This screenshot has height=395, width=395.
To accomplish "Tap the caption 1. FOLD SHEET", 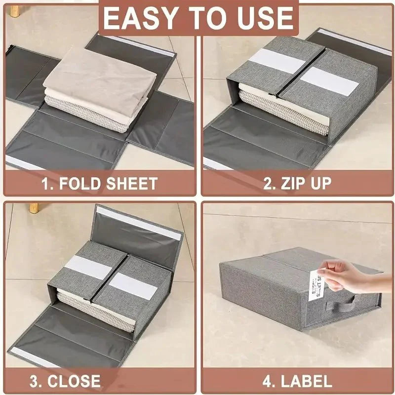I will (x=99, y=184).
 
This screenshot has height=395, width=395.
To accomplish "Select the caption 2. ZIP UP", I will (x=297, y=184).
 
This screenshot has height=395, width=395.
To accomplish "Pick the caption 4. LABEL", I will (x=297, y=381).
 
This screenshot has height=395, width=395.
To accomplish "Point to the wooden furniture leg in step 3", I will (x=35, y=206).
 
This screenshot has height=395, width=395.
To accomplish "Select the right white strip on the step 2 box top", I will (x=328, y=80).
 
